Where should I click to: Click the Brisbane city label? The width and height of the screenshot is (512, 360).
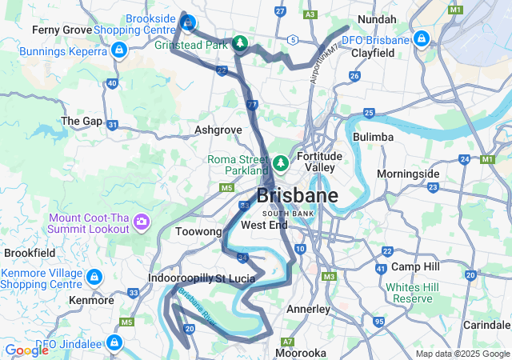297,196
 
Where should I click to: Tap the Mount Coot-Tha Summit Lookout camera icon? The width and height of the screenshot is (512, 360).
142,221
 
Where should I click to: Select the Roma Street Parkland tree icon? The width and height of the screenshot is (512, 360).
280,163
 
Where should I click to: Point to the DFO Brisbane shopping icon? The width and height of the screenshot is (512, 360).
422,39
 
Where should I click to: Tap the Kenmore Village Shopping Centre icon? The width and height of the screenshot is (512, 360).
94,278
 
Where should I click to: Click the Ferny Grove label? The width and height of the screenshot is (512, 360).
60,30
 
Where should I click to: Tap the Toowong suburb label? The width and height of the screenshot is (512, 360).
198,231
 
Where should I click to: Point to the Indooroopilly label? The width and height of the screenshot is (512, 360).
179,278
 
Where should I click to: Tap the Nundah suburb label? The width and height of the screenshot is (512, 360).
377,18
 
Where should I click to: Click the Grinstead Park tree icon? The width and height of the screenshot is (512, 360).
239,43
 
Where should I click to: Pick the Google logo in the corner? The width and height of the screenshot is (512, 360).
27,350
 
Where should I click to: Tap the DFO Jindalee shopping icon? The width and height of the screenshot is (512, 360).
114,343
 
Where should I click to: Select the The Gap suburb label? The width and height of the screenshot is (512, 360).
82,121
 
